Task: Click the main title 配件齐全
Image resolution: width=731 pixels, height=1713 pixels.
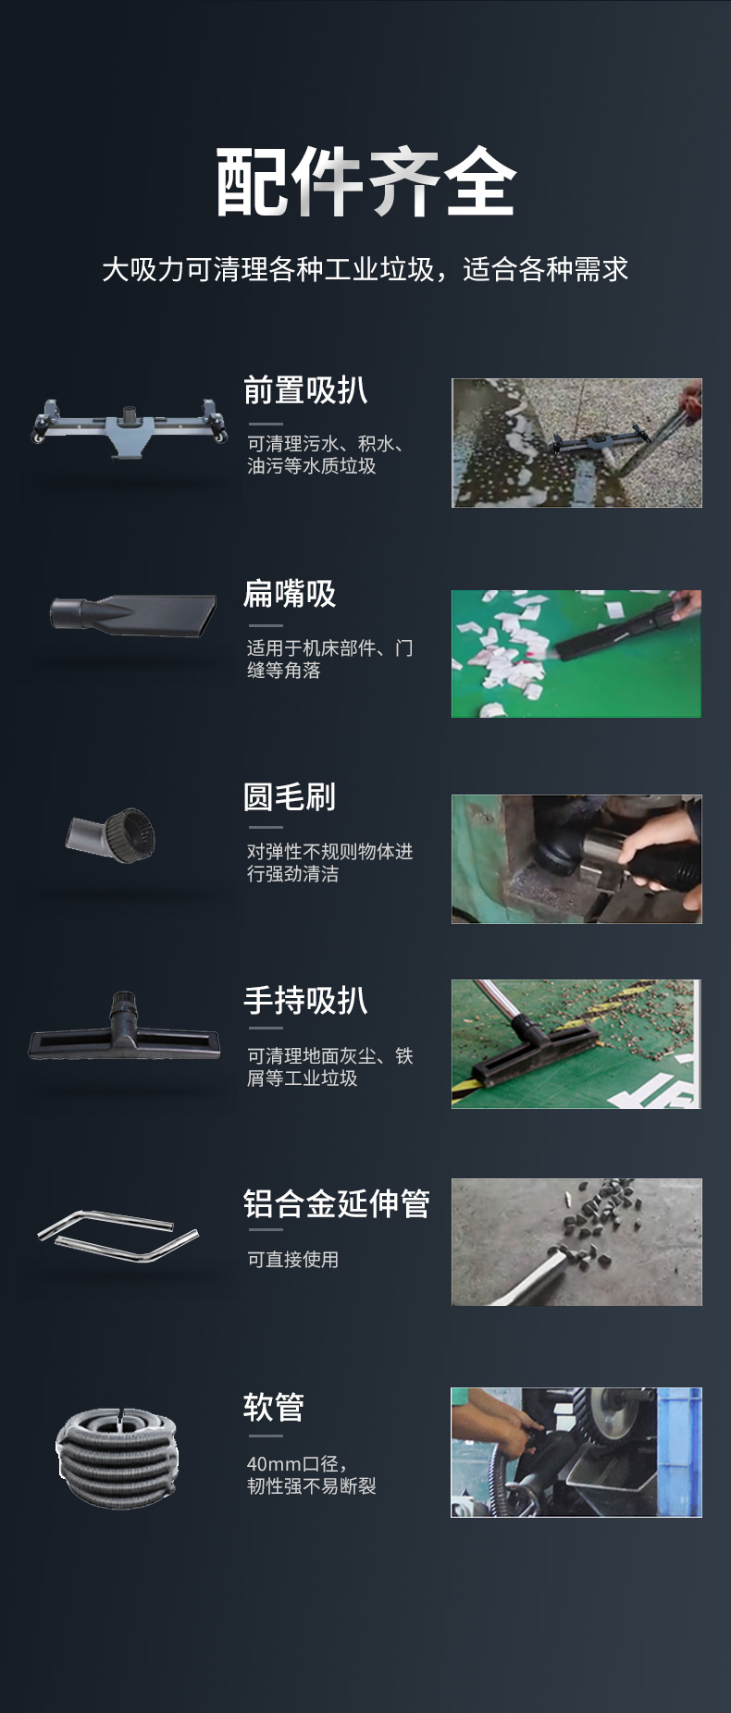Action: coord(365,182)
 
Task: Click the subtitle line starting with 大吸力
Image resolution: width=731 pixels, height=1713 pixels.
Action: coord(365,269)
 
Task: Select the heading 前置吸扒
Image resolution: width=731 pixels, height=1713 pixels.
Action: coord(305,390)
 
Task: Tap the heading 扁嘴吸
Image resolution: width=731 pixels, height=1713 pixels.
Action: coord(290,594)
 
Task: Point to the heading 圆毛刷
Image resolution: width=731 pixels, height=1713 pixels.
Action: coord(290,796)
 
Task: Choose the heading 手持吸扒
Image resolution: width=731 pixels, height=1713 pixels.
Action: coord(305,1000)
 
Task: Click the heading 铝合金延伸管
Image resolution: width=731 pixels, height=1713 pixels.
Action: coord(336,1203)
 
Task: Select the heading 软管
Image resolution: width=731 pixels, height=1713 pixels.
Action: coord(274,1407)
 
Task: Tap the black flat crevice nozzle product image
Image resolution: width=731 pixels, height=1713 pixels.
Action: coord(133,615)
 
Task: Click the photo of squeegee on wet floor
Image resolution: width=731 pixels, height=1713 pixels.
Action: coord(576,442)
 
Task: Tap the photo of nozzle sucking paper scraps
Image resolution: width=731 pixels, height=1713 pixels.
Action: coord(576,653)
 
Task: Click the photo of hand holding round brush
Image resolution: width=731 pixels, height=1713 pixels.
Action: coord(576,858)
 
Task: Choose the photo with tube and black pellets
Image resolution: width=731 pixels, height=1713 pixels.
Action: coord(576,1241)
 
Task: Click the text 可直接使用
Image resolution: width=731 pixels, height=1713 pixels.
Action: coord(292,1260)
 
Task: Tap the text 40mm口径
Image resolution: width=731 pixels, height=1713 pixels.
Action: coord(296,1464)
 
